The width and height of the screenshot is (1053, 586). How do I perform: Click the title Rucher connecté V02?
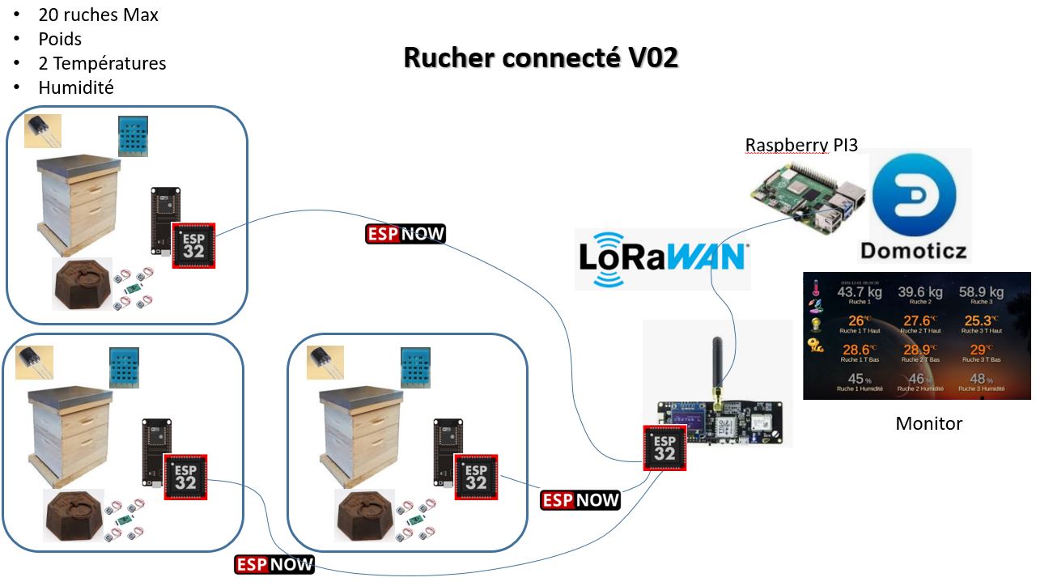tap(540, 58)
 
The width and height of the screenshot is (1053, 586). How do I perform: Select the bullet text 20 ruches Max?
tap(98, 15)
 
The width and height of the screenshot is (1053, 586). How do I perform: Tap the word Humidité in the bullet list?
tap(75, 87)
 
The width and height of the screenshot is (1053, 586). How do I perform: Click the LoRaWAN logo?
tap(662, 257)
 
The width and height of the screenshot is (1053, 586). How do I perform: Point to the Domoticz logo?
tap(920, 205)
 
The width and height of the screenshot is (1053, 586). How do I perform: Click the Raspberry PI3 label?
tap(801, 145)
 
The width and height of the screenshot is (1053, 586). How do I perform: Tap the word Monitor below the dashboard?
tap(928, 423)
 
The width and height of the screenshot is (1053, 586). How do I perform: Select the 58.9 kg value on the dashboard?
tap(981, 292)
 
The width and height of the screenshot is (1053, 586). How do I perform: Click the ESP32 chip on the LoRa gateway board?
tap(664, 448)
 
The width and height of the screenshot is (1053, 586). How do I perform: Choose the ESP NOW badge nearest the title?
tap(405, 234)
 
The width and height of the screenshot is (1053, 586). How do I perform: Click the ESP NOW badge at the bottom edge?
tap(274, 565)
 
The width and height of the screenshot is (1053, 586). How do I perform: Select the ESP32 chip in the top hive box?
tap(193, 246)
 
